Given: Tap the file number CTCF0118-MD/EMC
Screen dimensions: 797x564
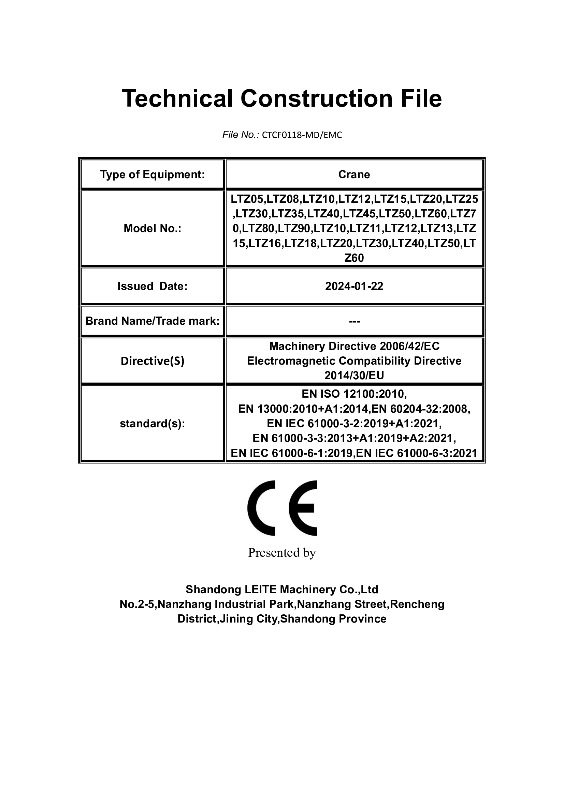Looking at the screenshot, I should coord(302,135).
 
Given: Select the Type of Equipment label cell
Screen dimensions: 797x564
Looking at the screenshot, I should coord(152,174).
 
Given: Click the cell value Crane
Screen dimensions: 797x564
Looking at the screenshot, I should coord(354,174).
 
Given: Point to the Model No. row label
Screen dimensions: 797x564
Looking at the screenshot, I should coord(152,228).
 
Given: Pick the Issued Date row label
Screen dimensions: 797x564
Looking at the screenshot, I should coord(152,286).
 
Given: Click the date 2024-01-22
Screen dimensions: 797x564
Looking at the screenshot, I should coord(354,286).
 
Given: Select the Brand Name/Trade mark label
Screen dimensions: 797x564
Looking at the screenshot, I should coord(152,321).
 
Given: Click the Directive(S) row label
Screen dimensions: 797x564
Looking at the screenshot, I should coord(152,361).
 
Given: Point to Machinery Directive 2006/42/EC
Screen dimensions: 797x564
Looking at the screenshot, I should coord(354,346).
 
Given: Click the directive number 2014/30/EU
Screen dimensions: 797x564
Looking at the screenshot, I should coord(354,375).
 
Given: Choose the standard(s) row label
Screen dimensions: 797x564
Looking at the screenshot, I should coord(152,424).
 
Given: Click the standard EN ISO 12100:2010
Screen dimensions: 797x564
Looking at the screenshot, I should coord(354,394).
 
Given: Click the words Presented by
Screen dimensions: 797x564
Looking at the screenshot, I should coord(282,553).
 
